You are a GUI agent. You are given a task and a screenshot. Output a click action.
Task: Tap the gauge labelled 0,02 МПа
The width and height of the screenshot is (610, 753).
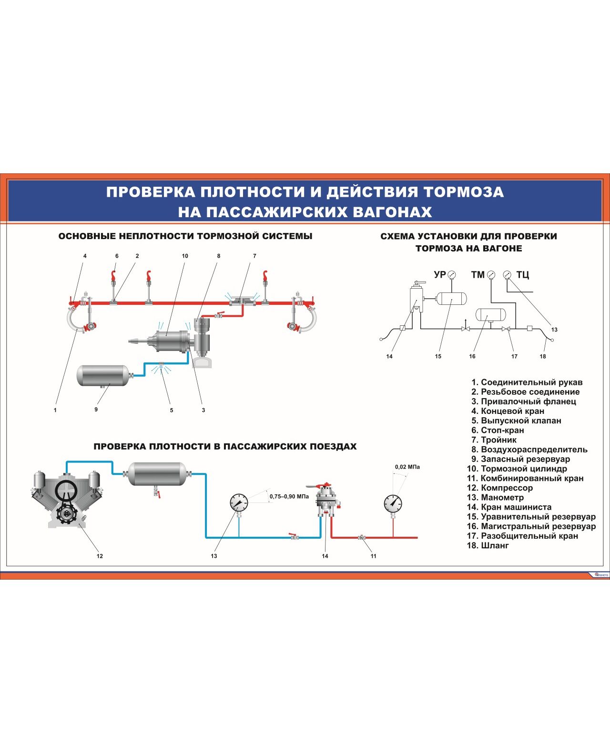[x=393, y=503]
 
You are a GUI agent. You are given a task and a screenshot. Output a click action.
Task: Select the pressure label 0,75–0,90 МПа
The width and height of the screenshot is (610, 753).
[x=289, y=496]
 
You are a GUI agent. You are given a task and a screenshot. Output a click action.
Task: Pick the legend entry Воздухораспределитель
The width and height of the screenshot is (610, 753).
[x=534, y=450]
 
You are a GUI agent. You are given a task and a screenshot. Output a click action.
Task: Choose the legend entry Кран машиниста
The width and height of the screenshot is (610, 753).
[x=516, y=507]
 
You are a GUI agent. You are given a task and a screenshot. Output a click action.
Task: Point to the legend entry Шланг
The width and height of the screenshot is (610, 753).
[x=495, y=545]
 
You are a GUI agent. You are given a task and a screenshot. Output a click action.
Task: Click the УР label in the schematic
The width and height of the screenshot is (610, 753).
[x=439, y=275]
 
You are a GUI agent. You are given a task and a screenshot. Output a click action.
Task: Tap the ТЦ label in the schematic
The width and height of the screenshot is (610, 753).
[x=523, y=275]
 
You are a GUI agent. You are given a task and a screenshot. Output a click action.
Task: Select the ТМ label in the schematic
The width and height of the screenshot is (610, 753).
[x=478, y=275]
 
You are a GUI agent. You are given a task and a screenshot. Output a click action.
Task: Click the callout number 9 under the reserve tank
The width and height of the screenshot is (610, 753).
[x=96, y=409]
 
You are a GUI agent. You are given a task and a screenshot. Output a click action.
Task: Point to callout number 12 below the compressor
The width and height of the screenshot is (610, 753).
[x=100, y=556]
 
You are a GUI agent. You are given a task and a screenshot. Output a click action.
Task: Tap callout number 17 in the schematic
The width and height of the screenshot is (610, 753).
[x=514, y=356]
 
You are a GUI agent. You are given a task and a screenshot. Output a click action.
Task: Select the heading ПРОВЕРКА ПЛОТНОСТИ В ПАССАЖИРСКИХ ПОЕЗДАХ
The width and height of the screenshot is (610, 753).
[x=225, y=447]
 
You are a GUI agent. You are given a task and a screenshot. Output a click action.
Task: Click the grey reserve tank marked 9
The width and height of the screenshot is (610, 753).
[x=103, y=375]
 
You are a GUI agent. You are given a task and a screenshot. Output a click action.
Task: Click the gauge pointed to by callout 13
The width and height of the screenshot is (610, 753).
[x=239, y=503]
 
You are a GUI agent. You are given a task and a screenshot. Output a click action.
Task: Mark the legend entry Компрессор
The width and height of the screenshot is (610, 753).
[x=507, y=488]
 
